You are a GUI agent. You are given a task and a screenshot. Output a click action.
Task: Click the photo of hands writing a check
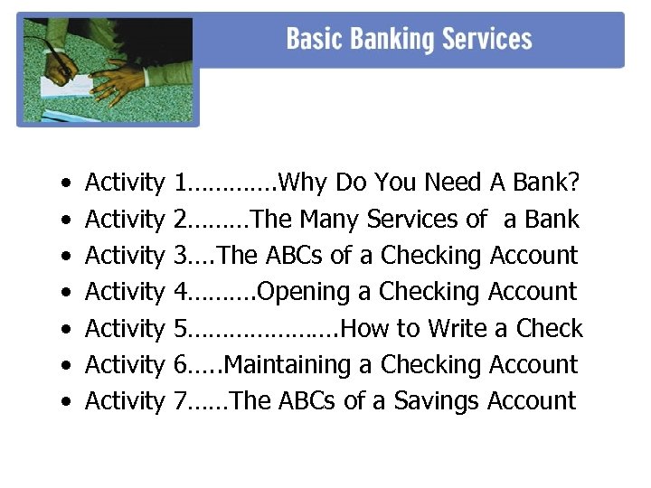point(107,70)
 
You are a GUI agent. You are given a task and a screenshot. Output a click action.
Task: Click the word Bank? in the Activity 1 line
point(546,183)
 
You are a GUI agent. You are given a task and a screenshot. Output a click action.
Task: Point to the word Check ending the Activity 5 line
point(550,328)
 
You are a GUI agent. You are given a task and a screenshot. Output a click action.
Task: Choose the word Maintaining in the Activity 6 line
point(288,365)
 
